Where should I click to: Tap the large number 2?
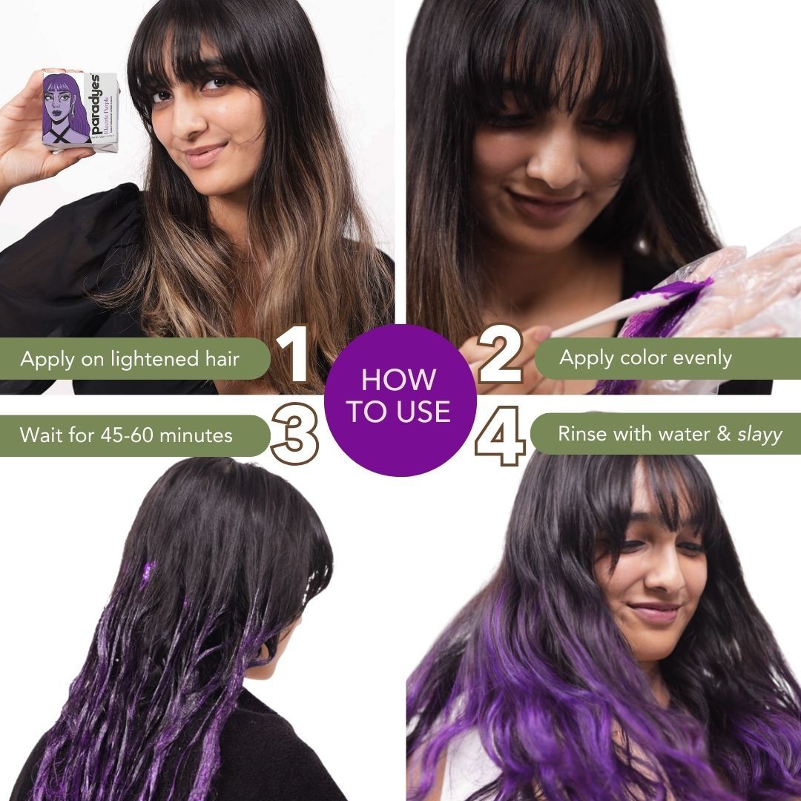[x=501, y=357]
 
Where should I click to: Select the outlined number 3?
[x=294, y=433]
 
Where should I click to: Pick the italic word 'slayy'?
[x=759, y=435]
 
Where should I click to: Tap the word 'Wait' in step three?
[x=41, y=435]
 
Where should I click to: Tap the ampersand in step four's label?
[x=725, y=434]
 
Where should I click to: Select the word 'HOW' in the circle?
[x=399, y=380]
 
